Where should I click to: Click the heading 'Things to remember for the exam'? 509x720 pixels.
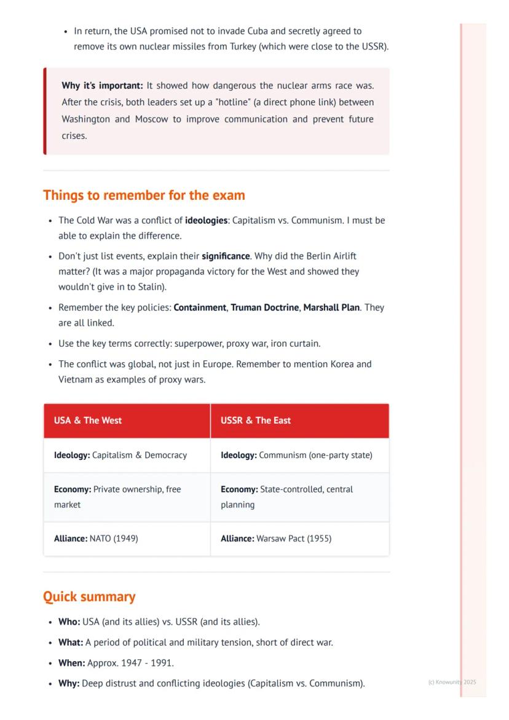click(144, 196)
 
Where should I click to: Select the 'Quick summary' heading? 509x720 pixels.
click(89, 597)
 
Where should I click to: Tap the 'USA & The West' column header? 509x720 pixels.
click(88, 421)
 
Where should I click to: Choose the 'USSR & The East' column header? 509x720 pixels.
click(256, 421)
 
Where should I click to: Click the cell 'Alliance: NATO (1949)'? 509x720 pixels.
click(96, 539)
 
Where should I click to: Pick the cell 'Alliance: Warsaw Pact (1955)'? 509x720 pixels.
click(276, 539)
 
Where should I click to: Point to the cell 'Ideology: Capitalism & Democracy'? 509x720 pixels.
click(120, 456)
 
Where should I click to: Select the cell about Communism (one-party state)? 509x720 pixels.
click(296, 456)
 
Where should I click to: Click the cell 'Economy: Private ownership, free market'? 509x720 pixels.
click(117, 497)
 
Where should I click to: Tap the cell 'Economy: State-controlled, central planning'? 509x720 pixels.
click(286, 497)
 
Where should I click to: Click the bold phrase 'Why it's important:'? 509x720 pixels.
click(102, 85)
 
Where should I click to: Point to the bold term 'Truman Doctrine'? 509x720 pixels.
click(265, 307)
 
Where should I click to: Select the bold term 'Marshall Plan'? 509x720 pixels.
click(331, 307)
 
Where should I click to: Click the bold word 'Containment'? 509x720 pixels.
click(200, 307)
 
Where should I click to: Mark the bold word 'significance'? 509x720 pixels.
click(226, 256)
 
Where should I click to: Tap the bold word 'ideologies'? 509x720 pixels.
click(207, 220)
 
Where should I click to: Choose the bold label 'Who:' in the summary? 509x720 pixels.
click(69, 622)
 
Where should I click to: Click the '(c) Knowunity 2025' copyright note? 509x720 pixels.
click(452, 682)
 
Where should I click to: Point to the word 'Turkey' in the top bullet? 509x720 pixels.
click(242, 46)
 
